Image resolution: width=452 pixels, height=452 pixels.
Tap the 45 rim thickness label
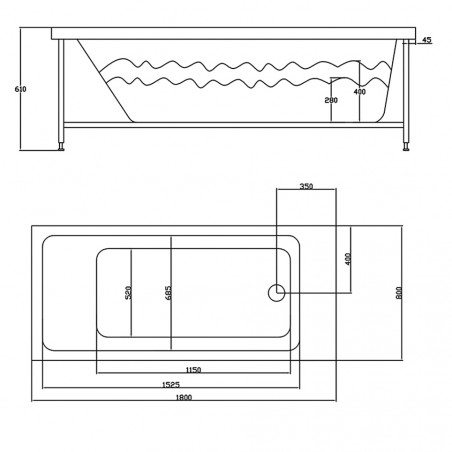(x=426, y=40)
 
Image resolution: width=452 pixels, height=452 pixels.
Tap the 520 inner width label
(x=128, y=293)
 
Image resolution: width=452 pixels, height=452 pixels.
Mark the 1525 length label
(x=170, y=384)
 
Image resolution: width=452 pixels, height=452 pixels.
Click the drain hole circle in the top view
(x=277, y=293)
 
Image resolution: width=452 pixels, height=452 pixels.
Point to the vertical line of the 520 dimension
(x=133, y=293)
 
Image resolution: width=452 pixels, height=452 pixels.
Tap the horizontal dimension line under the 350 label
(x=306, y=194)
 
